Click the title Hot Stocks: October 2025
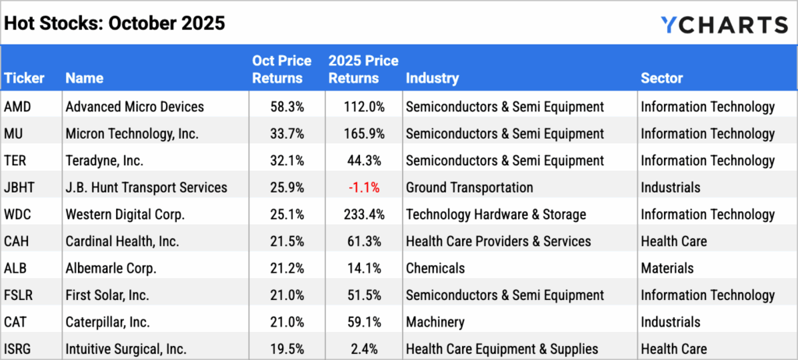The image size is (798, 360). tap(115, 23)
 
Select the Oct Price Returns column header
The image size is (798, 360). tap(281, 69)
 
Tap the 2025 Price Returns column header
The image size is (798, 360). tap(363, 69)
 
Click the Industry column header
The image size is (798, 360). tap(432, 78)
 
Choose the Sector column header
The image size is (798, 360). tap(662, 78)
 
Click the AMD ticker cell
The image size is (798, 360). tap(18, 107)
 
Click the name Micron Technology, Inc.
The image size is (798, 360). tap(132, 133)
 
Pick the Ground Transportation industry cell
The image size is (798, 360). tap(469, 187)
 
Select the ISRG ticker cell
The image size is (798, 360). tap(19, 348)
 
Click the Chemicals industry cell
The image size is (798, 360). tap(435, 268)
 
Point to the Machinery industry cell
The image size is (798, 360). tap(435, 322)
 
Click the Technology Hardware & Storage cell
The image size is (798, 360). tap(496, 214)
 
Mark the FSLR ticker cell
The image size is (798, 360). tap(19, 295)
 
